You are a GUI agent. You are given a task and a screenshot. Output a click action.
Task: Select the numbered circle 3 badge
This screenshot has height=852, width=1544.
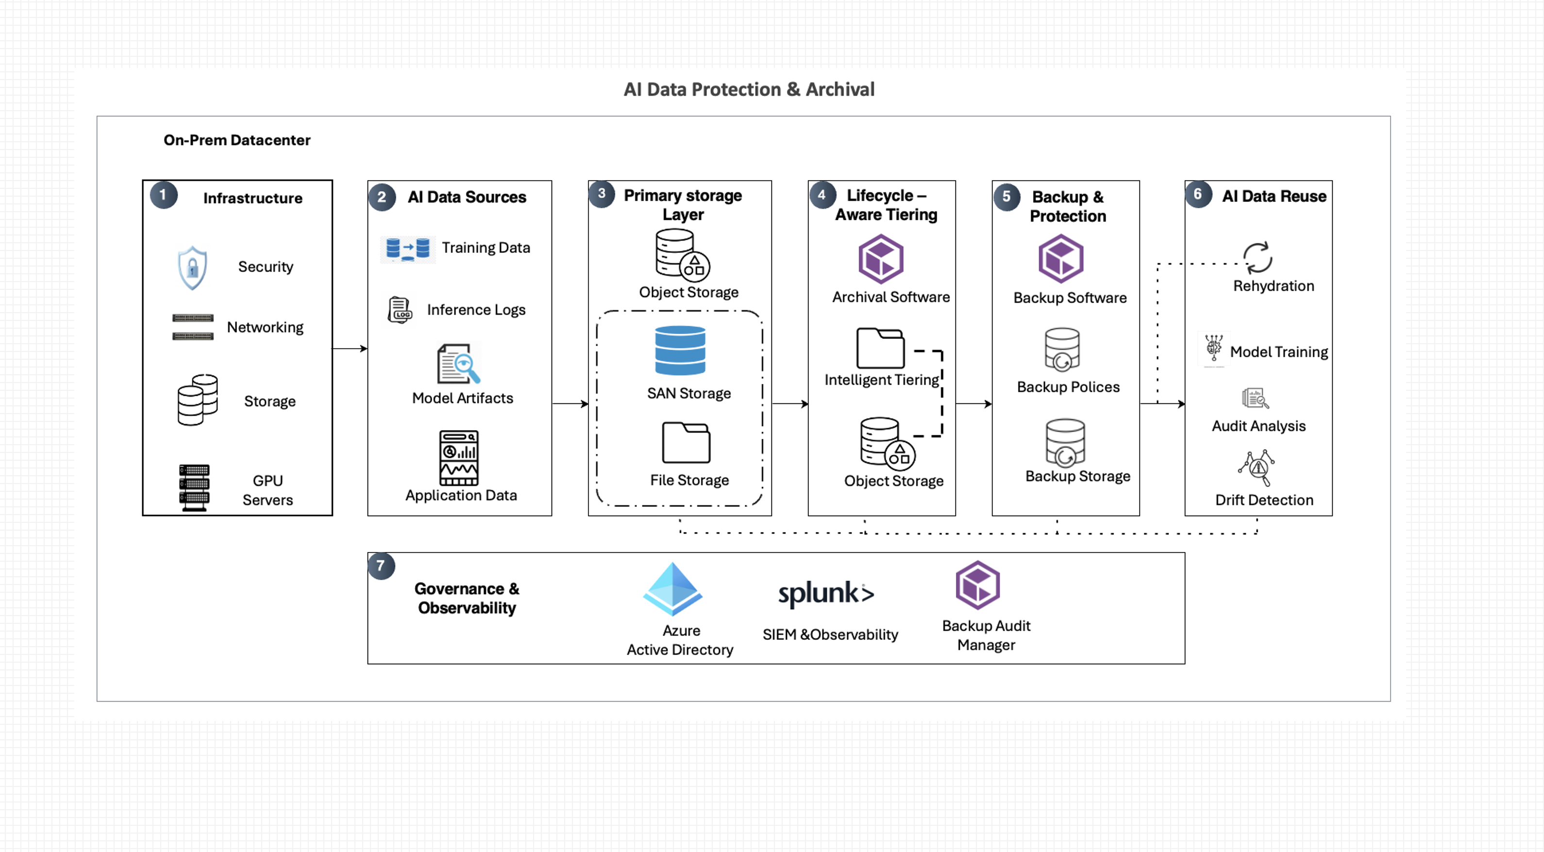[x=601, y=194]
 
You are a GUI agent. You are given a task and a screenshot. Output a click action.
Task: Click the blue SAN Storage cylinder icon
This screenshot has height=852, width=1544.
[x=680, y=351]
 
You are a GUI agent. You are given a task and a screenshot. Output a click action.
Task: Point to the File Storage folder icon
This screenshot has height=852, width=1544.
[x=686, y=443]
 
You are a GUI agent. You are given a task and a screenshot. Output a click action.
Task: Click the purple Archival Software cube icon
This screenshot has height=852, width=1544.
[x=880, y=259]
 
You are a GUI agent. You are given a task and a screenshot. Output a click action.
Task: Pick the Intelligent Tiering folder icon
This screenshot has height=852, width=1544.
[x=880, y=348]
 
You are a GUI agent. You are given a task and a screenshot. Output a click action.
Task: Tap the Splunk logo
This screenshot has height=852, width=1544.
[x=826, y=594]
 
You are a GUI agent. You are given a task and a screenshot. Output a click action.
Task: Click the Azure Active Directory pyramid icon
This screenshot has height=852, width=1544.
[x=672, y=588]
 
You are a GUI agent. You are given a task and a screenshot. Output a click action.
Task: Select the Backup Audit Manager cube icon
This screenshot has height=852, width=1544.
[x=977, y=585]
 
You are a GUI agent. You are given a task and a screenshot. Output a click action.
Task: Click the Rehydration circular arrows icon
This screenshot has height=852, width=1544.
[x=1258, y=258]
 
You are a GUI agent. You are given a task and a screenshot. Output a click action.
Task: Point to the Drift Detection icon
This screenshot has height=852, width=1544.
[x=1257, y=468]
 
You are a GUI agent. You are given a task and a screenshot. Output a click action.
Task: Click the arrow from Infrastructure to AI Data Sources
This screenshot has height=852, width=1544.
[x=350, y=348]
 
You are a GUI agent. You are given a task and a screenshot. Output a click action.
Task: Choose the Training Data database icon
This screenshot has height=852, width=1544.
[x=407, y=248]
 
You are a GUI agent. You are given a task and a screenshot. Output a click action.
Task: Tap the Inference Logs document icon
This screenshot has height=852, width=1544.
[x=400, y=310]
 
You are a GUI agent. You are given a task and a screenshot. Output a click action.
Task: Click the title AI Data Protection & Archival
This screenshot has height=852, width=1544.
[x=749, y=89]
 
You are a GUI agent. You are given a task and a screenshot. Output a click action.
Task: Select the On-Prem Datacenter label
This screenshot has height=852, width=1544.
[x=237, y=140]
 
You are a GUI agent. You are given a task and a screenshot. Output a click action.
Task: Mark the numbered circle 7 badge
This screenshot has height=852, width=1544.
[x=381, y=566]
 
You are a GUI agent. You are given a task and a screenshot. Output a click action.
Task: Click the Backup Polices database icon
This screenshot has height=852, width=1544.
[x=1062, y=350]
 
